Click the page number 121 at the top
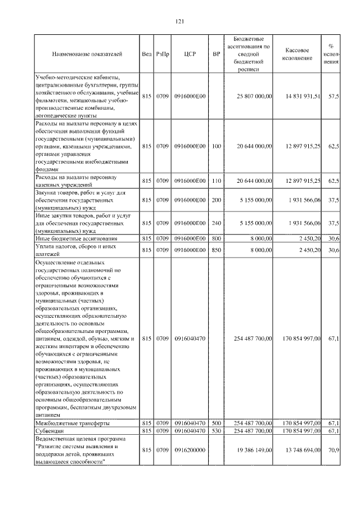[x=180, y=21]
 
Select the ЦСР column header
[x=189, y=54]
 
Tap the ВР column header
[x=216, y=54]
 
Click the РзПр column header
[x=163, y=54]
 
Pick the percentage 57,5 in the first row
[x=334, y=96]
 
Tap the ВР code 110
[x=217, y=181]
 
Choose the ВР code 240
[x=217, y=223]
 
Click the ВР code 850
[x=217, y=249]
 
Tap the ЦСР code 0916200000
[x=190, y=451]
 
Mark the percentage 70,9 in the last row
[x=334, y=451]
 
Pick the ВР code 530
[x=217, y=431]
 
